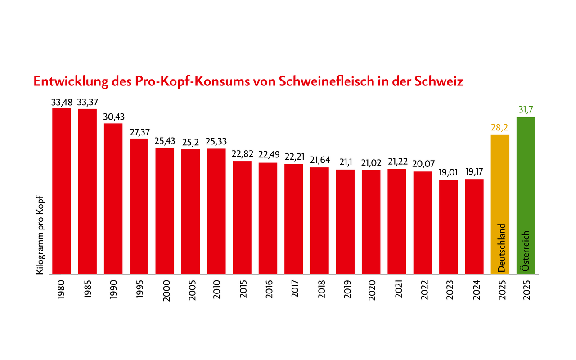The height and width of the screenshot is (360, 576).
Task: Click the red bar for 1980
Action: [x=62, y=191]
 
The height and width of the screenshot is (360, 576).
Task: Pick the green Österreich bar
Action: [x=526, y=180]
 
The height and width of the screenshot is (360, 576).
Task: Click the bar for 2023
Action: [x=448, y=227]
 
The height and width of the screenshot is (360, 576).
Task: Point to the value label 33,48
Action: [x=62, y=102]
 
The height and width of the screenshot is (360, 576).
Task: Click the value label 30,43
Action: [x=113, y=117]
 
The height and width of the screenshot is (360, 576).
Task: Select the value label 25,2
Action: [x=190, y=143]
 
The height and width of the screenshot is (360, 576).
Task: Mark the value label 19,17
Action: [x=474, y=172]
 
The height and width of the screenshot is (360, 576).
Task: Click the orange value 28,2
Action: [x=499, y=128]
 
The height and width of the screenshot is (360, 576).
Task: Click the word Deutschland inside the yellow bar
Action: [x=502, y=247]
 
